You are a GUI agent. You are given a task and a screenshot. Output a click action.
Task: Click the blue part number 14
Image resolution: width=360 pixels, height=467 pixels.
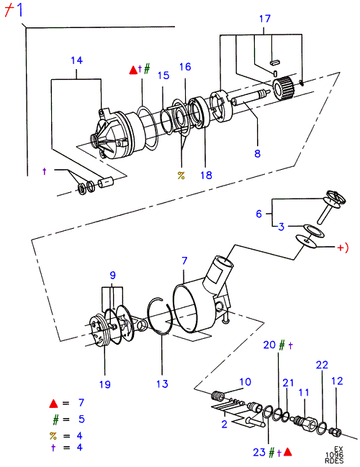coord(76,60)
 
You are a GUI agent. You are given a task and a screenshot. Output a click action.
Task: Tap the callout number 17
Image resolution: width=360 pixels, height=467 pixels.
coord(265,19)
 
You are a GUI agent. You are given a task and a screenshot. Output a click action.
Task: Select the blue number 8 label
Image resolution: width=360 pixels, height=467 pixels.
coord(258,154)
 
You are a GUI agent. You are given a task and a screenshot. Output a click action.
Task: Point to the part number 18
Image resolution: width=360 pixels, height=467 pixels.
coord(206,175)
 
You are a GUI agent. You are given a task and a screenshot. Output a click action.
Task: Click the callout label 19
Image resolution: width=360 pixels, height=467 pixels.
coord(105,384)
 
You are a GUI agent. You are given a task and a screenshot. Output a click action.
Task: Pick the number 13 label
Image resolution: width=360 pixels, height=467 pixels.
coord(163,384)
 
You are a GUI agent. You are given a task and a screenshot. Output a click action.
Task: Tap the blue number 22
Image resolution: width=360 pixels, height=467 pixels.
coord(322,365)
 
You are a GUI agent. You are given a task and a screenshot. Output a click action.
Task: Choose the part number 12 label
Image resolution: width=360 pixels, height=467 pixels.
coord(337,381)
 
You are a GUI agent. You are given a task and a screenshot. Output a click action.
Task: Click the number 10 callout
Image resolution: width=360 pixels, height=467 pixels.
coord(246,382)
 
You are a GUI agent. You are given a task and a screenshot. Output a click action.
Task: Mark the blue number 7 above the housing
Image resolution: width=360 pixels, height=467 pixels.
coord(184,260)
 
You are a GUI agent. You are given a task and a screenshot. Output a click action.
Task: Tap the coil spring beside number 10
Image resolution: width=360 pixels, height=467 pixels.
coord(218,396)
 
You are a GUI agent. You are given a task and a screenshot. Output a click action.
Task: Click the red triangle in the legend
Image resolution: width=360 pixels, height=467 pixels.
coord(54,404)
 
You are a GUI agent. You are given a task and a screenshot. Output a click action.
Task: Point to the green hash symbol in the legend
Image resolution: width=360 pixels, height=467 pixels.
coord(55,420)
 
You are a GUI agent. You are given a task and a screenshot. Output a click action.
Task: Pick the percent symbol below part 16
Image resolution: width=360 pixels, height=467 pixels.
coord(181,176)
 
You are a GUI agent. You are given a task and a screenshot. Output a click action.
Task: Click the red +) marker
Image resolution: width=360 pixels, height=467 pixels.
coord(343,248)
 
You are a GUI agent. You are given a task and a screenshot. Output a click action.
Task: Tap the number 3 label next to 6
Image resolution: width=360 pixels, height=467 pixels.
coord(282,227)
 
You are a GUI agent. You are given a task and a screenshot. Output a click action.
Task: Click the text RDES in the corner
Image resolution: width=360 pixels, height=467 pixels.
coord(334,461)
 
